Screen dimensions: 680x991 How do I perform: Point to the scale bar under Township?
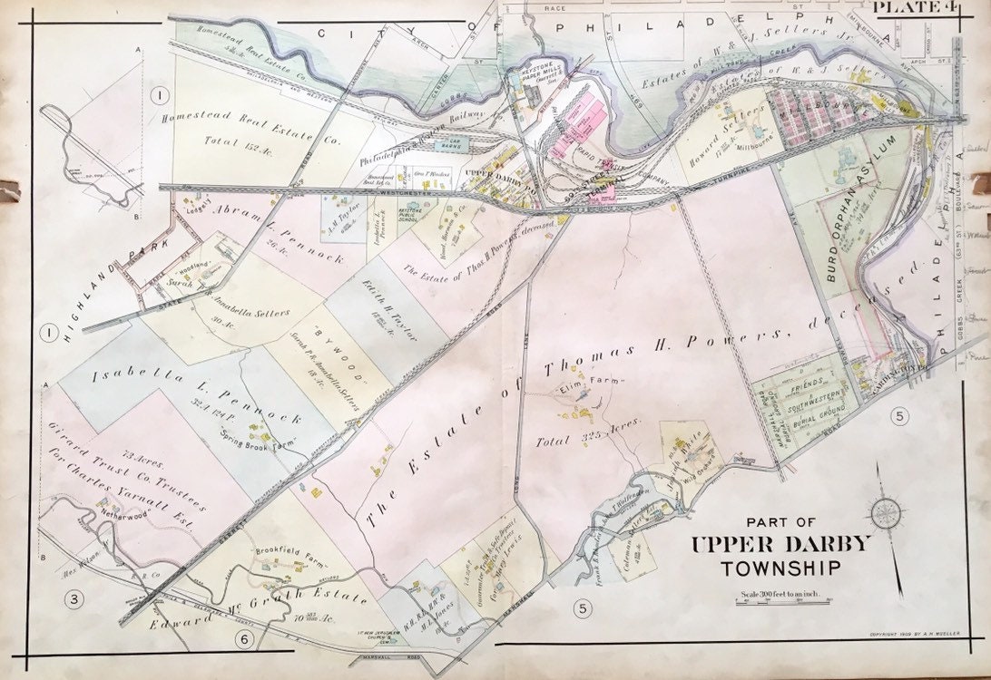click(781, 600)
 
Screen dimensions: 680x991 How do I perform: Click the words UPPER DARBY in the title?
click(780, 545)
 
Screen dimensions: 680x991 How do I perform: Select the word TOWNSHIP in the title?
click(780, 569)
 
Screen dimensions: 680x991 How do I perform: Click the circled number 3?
click(75, 597)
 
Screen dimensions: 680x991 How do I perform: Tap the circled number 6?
click(243, 641)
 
